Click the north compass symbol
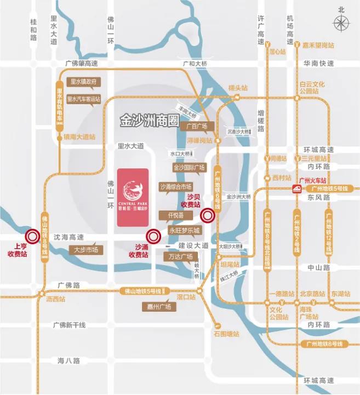(342, 24)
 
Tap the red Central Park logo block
(132, 198)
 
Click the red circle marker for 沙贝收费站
(208, 215)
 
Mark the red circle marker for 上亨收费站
(32, 236)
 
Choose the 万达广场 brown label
(180, 256)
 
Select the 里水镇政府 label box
(84, 82)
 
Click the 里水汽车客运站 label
(84, 99)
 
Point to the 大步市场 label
(86, 250)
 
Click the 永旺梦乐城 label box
(185, 230)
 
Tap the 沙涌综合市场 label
(176, 187)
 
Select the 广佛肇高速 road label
(81, 64)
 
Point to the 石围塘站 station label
(227, 333)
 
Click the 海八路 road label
(68, 360)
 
